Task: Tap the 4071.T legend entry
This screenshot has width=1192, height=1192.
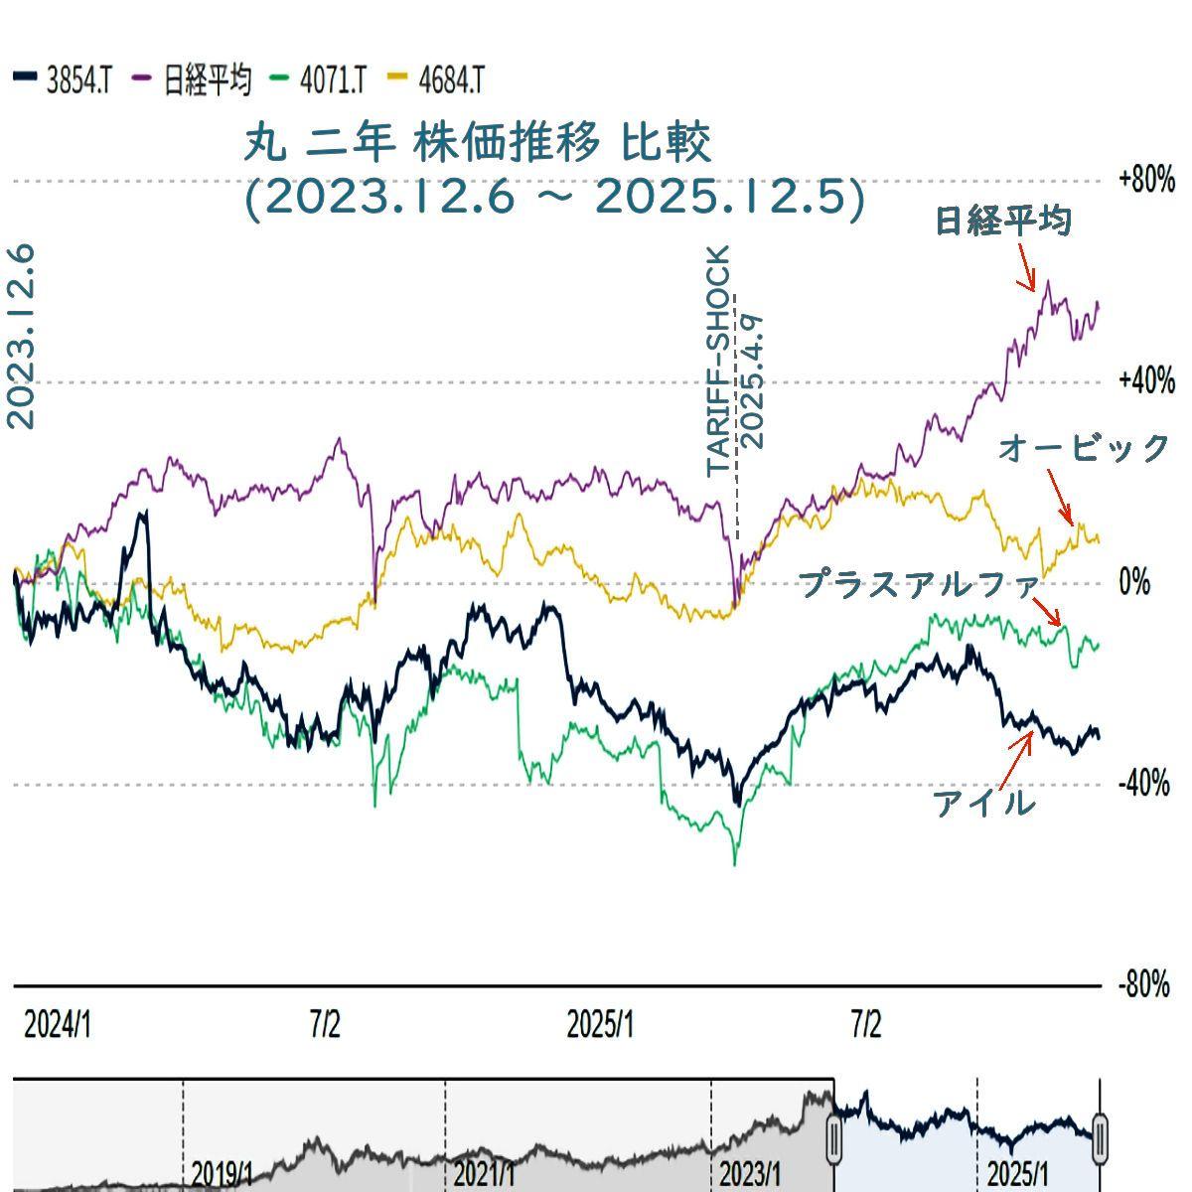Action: (320, 79)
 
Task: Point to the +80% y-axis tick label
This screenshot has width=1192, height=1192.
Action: (1146, 181)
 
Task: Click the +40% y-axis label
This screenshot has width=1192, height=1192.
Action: (1146, 382)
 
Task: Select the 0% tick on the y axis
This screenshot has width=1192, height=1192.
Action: (1134, 583)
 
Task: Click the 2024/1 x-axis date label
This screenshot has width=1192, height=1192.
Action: (58, 1025)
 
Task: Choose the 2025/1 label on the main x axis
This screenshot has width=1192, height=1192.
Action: (600, 1025)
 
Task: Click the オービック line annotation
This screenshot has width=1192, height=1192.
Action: (1085, 448)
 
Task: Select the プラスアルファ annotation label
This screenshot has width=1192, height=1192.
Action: (919, 584)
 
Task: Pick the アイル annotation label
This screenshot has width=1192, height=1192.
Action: (983, 803)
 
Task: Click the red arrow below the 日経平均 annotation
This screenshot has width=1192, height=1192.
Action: (1025, 266)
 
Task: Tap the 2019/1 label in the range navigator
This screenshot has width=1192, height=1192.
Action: (223, 1173)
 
